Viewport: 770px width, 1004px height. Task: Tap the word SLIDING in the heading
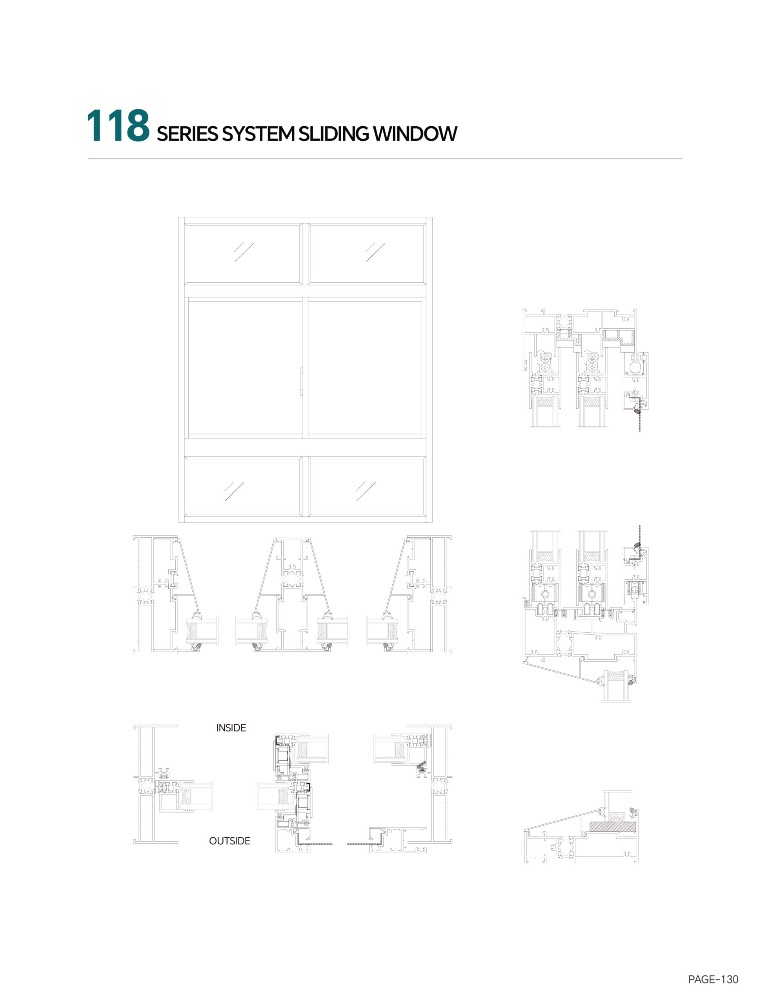coord(334,134)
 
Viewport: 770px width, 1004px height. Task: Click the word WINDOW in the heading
coord(415,134)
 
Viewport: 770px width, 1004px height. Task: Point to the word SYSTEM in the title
coord(258,134)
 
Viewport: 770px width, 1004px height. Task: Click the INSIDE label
coord(231,728)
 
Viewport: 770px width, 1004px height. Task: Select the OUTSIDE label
coord(229,841)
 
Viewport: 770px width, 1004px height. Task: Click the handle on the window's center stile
coord(301,381)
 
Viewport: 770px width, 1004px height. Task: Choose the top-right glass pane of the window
coord(367,254)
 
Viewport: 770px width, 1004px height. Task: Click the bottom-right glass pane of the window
coord(367,486)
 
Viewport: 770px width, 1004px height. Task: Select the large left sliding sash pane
coord(245,367)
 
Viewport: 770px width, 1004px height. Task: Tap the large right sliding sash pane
coord(365,367)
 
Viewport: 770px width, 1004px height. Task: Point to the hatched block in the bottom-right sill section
coord(612,827)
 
